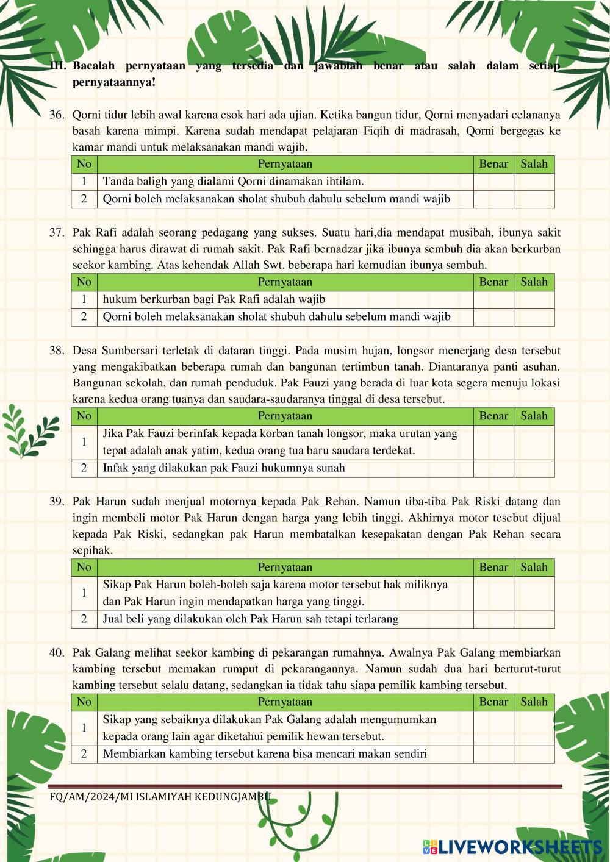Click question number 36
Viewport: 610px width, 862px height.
click(57, 115)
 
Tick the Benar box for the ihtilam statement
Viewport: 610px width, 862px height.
click(493, 182)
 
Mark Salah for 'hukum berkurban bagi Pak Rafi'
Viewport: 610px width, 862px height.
click(534, 300)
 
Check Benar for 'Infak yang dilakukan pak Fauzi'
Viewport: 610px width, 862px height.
click(493, 468)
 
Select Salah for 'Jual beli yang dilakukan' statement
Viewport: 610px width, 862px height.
click(534, 619)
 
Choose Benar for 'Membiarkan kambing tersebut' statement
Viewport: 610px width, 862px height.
click(493, 754)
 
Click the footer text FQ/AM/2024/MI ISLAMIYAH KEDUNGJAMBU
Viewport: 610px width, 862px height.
click(160, 796)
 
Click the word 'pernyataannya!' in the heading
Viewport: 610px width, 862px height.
click(114, 82)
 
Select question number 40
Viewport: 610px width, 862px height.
click(57, 652)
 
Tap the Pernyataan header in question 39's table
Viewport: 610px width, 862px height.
click(285, 568)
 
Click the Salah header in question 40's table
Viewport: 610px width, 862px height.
click(534, 702)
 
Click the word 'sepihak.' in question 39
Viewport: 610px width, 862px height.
click(93, 550)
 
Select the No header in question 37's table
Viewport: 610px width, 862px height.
click(84, 282)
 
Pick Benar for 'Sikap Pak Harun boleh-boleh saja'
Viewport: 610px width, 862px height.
click(493, 593)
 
